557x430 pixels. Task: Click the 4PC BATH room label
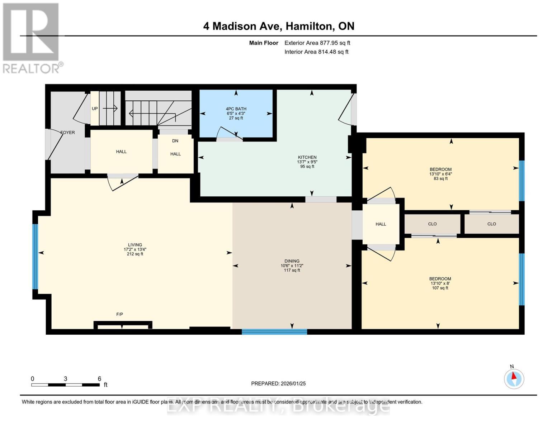pyautogui.click(x=236, y=109)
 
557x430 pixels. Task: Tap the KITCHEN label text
pyautogui.click(x=307, y=157)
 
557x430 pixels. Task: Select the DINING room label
pyautogui.click(x=292, y=261)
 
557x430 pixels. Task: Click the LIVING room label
pyautogui.click(x=135, y=245)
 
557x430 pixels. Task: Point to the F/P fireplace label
pyautogui.click(x=119, y=314)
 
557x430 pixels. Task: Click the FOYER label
pyautogui.click(x=67, y=133)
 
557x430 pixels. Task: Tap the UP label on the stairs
pyautogui.click(x=95, y=109)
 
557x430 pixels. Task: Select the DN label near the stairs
pyautogui.click(x=175, y=141)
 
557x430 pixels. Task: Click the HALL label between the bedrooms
pyautogui.click(x=381, y=224)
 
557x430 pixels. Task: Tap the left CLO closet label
pyautogui.click(x=432, y=224)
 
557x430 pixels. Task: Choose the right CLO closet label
pyautogui.click(x=491, y=224)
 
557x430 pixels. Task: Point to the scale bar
pyautogui.click(x=65, y=385)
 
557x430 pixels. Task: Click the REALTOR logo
pyautogui.click(x=32, y=38)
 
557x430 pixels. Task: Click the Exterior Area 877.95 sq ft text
pyautogui.click(x=317, y=43)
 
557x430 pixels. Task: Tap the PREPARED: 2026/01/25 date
pyautogui.click(x=278, y=383)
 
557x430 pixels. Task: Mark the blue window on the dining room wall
pyautogui.click(x=274, y=332)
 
